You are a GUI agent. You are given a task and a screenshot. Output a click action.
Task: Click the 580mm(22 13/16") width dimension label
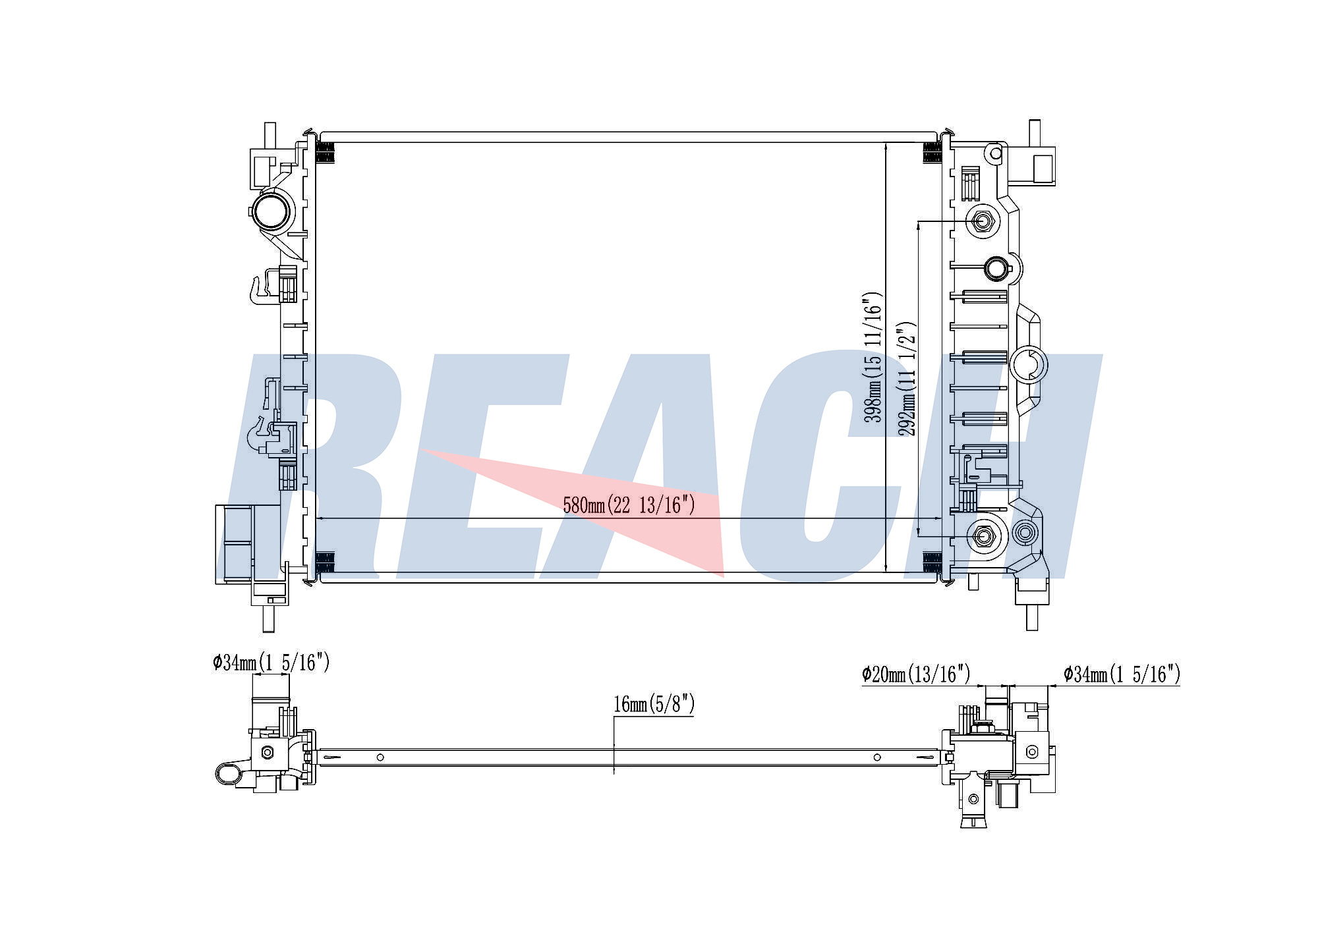pos(629,505)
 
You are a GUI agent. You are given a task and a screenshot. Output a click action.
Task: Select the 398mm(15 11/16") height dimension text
pos(873,357)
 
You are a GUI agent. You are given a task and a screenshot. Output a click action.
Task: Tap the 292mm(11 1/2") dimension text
pos(907,379)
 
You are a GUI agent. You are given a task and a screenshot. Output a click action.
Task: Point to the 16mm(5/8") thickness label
pos(654,704)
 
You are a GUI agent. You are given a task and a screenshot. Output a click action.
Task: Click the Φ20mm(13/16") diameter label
pos(916,674)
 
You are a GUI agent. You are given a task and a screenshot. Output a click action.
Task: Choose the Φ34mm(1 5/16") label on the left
pos(271,662)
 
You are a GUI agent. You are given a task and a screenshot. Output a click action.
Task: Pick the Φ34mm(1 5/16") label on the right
pos(1122,674)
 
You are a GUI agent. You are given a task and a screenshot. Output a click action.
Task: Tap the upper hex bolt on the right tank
pos(983,221)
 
